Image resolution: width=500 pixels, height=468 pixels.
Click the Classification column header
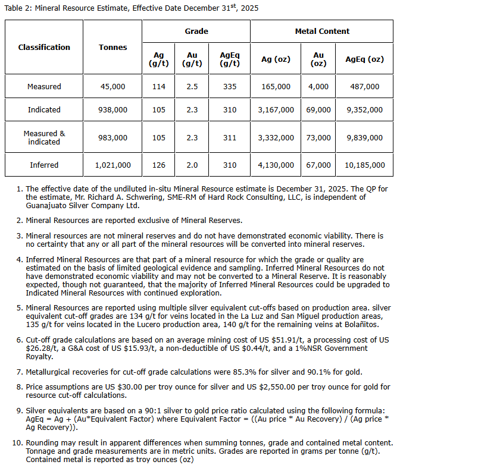44,47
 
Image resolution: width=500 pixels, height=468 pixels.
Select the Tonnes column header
113,47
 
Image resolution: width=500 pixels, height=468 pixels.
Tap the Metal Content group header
322,31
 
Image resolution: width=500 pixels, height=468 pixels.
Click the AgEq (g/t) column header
230,59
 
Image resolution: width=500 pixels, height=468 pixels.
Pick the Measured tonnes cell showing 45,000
113,86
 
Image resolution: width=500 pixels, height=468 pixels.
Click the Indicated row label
44,109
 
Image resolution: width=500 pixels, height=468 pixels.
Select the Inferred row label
44,165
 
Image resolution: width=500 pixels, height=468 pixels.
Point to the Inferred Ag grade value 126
158,165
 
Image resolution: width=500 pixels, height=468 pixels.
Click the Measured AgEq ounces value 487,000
365,86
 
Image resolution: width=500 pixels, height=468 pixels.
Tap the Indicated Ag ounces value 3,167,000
276,109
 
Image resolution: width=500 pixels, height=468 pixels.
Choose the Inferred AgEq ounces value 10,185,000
365,165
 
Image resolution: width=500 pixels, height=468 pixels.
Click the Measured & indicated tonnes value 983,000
113,137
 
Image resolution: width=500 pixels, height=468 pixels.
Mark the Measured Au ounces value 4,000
318,86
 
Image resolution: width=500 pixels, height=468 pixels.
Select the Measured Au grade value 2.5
192,86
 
